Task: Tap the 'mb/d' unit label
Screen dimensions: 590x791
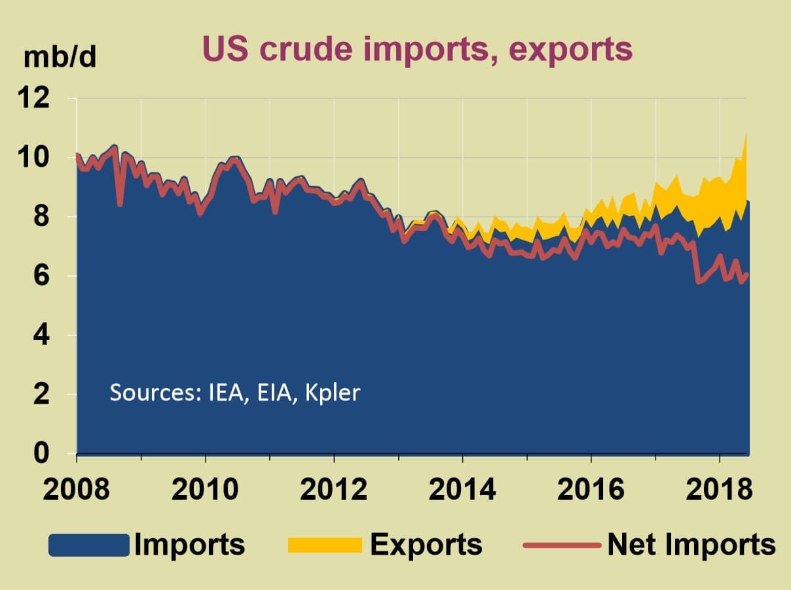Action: [60, 58]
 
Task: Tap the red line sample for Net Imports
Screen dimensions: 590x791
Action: [561, 545]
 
